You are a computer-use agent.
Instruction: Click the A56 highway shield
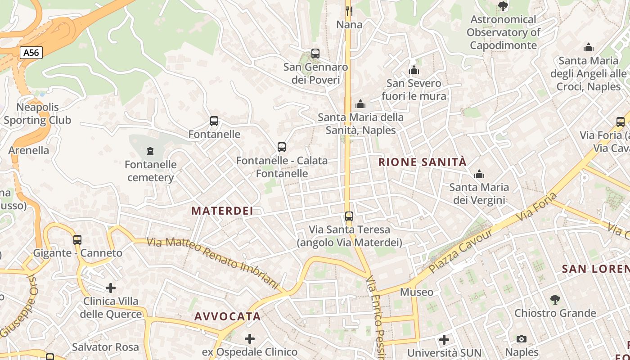point(31,53)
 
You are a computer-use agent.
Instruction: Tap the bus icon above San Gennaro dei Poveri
point(315,54)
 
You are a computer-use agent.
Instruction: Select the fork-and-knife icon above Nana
point(349,10)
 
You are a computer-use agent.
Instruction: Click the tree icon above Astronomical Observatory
point(503,6)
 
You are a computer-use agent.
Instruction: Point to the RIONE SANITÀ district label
point(423,162)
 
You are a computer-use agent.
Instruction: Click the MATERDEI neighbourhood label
point(222,211)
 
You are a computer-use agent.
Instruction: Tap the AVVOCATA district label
point(228,316)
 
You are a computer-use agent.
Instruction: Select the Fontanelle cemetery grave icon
point(150,151)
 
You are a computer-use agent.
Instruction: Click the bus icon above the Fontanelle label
point(214,121)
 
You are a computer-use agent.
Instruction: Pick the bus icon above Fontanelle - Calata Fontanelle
point(282,147)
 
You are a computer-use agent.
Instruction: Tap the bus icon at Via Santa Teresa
point(349,216)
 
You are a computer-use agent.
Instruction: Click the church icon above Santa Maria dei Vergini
point(479,174)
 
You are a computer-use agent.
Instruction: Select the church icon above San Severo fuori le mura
point(414,70)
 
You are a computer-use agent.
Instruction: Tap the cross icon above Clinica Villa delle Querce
point(111,288)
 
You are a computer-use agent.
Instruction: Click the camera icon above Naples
point(522,339)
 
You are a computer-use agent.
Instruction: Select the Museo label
point(417,292)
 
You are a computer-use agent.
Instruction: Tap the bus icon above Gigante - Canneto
point(77,240)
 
